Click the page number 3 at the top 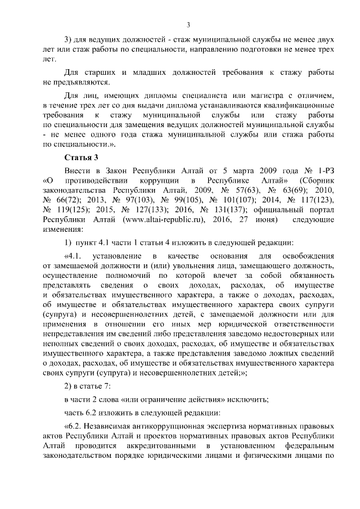point(188,24)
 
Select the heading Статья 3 point(82,156)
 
